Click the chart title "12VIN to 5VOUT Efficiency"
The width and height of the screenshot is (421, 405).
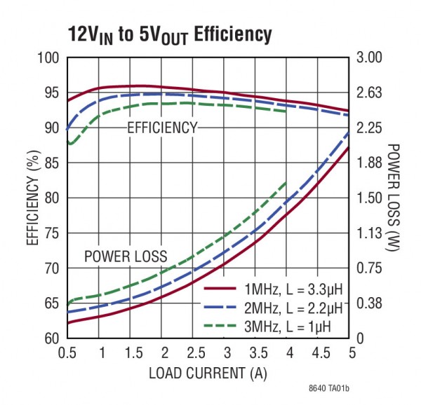pyautogui.click(x=169, y=34)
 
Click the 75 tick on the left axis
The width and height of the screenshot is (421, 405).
pyautogui.click(x=52, y=233)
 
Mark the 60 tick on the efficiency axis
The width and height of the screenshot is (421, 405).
pyautogui.click(x=52, y=338)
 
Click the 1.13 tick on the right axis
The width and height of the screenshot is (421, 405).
pyautogui.click(x=368, y=233)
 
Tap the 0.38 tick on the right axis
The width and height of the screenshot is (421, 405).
pyautogui.click(x=368, y=303)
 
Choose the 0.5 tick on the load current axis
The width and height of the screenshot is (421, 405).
pyautogui.click(x=68, y=352)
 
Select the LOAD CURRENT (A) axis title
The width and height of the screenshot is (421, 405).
pyautogui.click(x=208, y=373)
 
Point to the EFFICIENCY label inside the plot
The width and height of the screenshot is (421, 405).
pyautogui.click(x=162, y=128)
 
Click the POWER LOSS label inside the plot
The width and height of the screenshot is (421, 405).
pyautogui.click(x=126, y=256)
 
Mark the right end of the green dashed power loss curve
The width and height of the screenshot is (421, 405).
pyautogui.click(x=287, y=181)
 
